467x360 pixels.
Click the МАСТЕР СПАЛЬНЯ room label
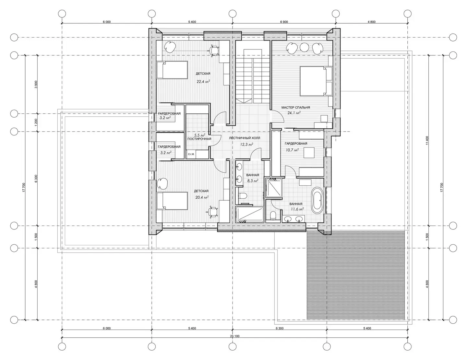click(296, 107)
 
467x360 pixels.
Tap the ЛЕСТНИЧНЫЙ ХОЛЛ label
click(244, 138)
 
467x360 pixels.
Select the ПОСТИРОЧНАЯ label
click(199, 139)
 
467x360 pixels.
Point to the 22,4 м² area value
click(203, 81)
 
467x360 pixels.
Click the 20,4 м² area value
click(202, 197)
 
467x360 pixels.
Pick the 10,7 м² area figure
click(292, 150)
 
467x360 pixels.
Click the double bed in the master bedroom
click(316, 81)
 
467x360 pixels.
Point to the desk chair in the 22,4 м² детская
click(214, 51)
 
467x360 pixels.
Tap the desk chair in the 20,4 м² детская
click(213, 212)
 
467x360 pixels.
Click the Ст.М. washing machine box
click(191, 154)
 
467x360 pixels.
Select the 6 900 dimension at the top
click(284, 22)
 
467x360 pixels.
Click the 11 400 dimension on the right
click(427, 140)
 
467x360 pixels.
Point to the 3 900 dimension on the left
click(36, 84)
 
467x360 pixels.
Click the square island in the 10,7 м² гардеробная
click(309, 153)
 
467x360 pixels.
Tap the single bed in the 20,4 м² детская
click(172, 201)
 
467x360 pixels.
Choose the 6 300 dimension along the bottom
click(279, 328)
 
